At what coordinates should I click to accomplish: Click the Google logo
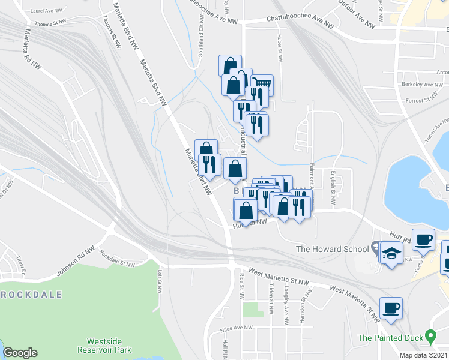[x=20, y=353]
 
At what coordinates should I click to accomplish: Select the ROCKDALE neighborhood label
[x=28, y=295]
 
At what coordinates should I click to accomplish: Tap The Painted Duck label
[x=390, y=338]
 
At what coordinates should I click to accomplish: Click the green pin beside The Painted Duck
[x=430, y=335]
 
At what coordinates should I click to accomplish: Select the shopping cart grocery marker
[x=262, y=85]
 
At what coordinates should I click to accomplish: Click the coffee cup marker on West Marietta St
[x=391, y=308]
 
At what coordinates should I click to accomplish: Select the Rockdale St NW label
[x=118, y=258]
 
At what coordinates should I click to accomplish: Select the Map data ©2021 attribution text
[x=423, y=355]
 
